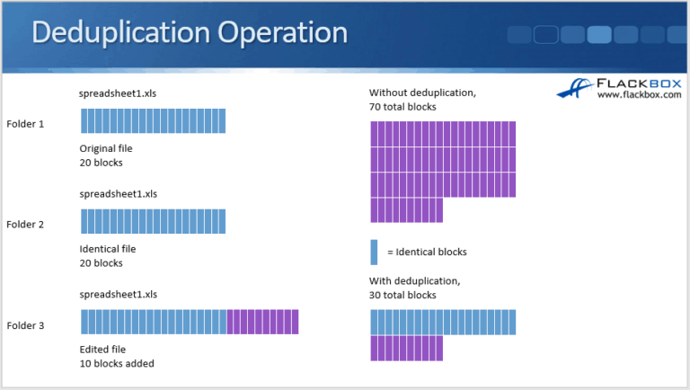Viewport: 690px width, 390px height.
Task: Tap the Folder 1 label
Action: pyautogui.click(x=25, y=123)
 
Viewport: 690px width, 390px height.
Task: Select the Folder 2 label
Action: pyautogui.click(x=25, y=224)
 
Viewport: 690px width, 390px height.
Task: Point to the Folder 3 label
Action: pyautogui.click(x=25, y=324)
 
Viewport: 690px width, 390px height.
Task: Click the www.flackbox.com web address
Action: pyautogui.click(x=639, y=94)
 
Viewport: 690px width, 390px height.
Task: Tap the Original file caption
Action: pyautogui.click(x=106, y=148)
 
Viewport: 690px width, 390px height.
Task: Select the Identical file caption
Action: pyautogui.click(x=108, y=249)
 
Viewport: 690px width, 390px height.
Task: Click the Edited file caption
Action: pyautogui.click(x=103, y=350)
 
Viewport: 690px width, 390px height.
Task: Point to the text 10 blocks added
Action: pyautogui.click(x=116, y=364)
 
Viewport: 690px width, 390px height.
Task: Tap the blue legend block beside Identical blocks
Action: pyautogui.click(x=374, y=252)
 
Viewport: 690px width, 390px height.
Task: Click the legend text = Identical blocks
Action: pyautogui.click(x=427, y=253)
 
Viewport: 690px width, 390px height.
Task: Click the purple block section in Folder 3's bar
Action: pyautogui.click(x=262, y=322)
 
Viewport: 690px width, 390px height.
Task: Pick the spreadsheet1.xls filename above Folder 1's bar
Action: pyautogui.click(x=118, y=93)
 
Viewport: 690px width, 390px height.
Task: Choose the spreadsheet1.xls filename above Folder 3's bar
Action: pyautogui.click(x=118, y=294)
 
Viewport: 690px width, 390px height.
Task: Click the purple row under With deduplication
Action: pyautogui.click(x=406, y=348)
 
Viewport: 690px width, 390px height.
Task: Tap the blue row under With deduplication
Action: pyautogui.click(x=443, y=322)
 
